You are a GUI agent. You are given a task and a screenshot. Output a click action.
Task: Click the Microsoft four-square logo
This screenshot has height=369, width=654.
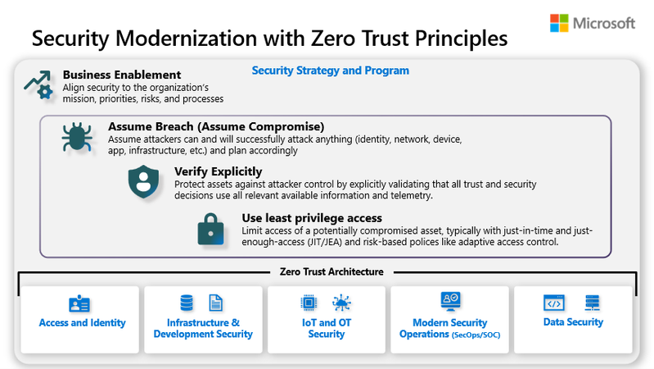tap(559, 23)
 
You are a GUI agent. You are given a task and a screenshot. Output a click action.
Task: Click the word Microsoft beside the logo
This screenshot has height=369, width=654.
tap(604, 24)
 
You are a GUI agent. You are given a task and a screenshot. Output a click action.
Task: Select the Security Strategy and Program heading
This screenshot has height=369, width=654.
tap(331, 71)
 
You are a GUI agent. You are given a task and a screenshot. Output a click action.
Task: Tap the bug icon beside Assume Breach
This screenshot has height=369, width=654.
tap(77, 137)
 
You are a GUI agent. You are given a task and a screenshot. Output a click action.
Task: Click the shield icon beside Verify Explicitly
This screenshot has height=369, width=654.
tap(143, 181)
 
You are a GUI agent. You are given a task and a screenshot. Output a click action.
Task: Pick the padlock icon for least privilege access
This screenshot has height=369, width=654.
tap(210, 229)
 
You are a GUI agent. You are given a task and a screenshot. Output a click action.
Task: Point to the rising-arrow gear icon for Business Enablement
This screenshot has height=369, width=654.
tap(38, 84)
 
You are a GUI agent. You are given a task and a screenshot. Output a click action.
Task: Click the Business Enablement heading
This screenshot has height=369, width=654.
tap(122, 75)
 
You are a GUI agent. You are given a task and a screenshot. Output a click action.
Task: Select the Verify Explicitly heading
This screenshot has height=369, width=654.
tap(219, 171)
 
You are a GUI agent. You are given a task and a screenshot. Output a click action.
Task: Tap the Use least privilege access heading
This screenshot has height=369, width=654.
tap(312, 218)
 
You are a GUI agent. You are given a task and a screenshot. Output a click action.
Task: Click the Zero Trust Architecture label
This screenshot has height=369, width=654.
tap(332, 272)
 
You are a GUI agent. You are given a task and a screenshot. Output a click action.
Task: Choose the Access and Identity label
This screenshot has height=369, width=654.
tap(82, 322)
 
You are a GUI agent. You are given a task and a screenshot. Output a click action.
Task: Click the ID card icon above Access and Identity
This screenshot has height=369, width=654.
tap(79, 303)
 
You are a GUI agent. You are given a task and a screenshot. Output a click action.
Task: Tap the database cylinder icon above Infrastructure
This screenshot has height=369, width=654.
tap(187, 303)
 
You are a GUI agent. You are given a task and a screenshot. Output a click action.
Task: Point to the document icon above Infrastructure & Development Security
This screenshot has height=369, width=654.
tap(215, 303)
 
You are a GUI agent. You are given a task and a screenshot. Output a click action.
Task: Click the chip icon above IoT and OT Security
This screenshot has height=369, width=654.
tap(309, 302)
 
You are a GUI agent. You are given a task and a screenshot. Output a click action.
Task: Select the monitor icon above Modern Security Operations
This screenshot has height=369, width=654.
tap(450, 301)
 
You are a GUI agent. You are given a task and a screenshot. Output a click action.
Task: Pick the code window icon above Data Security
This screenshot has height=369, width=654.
tap(554, 303)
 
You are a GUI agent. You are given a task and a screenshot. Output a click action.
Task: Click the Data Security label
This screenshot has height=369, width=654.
tap(573, 322)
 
